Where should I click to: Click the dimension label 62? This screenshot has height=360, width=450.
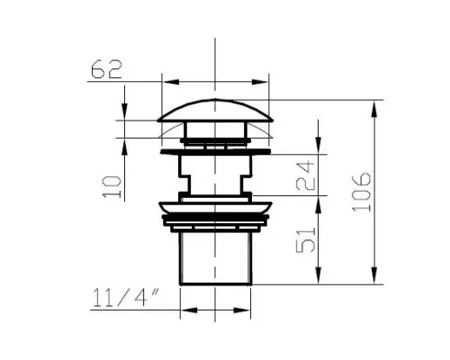(106, 69)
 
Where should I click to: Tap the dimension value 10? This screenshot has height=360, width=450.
(112, 187)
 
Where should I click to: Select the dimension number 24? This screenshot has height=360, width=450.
(305, 175)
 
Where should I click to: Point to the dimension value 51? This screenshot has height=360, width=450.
(306, 240)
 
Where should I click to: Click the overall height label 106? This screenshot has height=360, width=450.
(361, 192)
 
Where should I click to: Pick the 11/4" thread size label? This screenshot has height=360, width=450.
(125, 298)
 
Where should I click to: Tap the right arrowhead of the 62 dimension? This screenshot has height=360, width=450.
(260, 82)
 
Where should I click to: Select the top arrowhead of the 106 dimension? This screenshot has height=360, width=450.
(374, 109)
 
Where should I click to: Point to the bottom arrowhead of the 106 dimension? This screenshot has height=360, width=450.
(374, 274)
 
